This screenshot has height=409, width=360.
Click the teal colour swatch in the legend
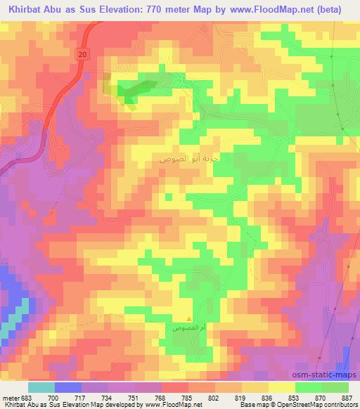[41, 388]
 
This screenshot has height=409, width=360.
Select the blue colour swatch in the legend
[67, 388]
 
